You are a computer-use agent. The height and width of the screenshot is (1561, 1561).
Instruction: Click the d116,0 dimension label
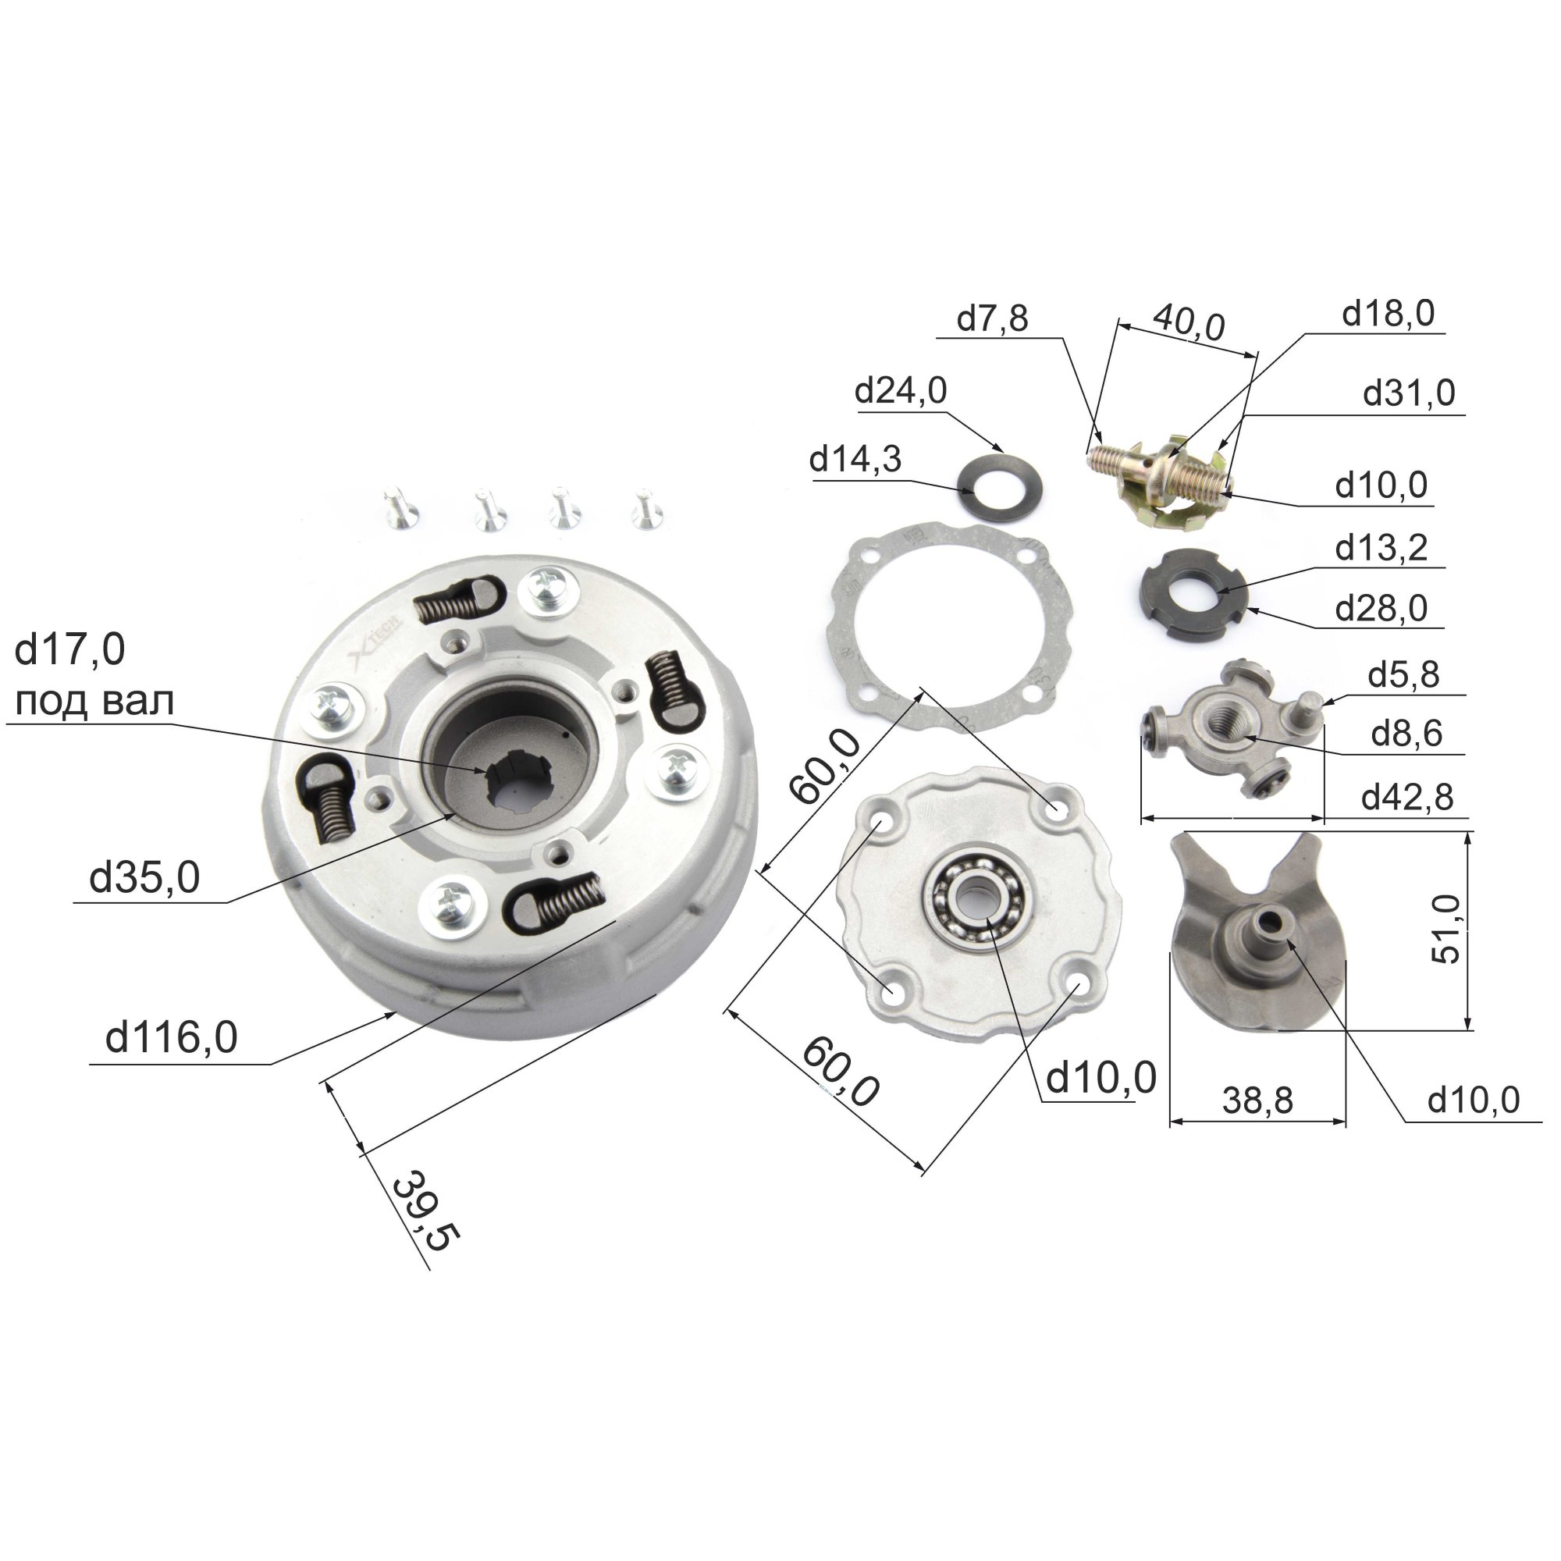[171, 1037]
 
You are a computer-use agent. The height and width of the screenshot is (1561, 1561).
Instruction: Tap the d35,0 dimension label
[144, 877]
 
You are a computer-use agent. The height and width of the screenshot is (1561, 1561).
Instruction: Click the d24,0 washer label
[900, 391]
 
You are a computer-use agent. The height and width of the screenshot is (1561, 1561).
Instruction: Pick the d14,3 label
[855, 460]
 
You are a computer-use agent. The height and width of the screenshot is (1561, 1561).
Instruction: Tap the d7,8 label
[992, 318]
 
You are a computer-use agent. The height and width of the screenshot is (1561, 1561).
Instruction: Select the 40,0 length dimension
[1189, 322]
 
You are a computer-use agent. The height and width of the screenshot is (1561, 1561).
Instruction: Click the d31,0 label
[1409, 393]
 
